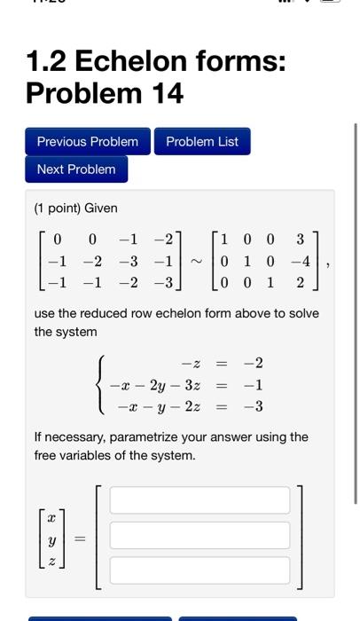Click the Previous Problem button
click(x=88, y=142)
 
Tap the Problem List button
click(x=202, y=142)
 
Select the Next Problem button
click(x=76, y=169)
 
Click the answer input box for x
click(x=200, y=500)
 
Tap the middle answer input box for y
click(x=200, y=535)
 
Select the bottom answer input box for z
click(x=200, y=570)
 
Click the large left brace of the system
click(x=102, y=386)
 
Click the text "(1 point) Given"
click(x=75, y=208)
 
